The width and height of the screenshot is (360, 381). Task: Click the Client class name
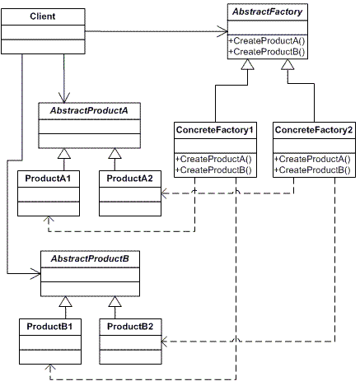coord(43,16)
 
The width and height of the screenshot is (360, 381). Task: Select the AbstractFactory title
coord(267,12)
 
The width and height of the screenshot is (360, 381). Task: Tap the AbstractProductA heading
coord(89,110)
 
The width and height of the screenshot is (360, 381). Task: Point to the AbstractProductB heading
coord(90,258)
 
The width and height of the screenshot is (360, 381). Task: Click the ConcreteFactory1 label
coord(214,130)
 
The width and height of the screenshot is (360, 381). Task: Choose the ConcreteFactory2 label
coord(314,130)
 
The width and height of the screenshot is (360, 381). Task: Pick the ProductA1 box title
coord(48,179)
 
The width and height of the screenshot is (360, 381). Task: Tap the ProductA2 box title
coord(129,179)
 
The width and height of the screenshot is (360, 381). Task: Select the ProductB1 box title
coord(49,327)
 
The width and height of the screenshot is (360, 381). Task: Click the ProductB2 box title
coord(130,327)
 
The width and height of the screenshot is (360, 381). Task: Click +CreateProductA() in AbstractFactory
coord(267,40)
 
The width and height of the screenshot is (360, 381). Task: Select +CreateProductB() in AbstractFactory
coord(267,52)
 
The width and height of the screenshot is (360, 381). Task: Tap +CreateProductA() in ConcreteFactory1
coord(213,159)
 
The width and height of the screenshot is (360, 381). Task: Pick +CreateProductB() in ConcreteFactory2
coord(312,170)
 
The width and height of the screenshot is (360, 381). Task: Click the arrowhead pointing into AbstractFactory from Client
coord(222,31)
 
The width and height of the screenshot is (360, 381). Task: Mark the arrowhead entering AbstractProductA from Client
coord(64,98)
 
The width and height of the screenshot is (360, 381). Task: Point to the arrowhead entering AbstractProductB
coord(35,273)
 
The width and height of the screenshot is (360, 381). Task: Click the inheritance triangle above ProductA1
coord(64,154)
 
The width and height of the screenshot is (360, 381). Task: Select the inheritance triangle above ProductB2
coord(115,302)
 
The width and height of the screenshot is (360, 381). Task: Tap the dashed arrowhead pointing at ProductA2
coord(165,193)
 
